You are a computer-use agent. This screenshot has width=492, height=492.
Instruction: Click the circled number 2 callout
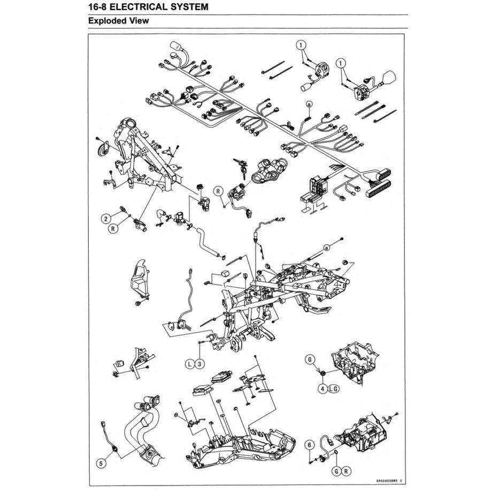pos(106,218)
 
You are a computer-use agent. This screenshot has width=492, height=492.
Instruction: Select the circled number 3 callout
pos(199,364)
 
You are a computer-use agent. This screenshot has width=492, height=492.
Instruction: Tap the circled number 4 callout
pos(322,388)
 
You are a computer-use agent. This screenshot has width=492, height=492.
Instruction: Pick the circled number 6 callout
pos(309,444)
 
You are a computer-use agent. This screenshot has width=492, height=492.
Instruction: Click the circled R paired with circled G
pos(347,471)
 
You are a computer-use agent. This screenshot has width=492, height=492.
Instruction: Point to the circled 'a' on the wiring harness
pos(309,104)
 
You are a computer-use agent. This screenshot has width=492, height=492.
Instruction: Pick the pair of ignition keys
pos(240,166)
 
